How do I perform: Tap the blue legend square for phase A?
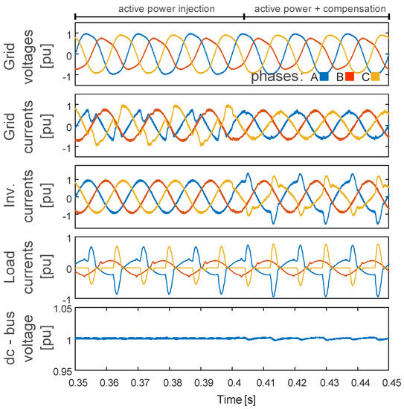pyautogui.click(x=324, y=76)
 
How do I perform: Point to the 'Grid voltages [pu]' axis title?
pyautogui.click(x=22, y=55)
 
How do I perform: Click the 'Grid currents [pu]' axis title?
pyautogui.click(x=22, y=127)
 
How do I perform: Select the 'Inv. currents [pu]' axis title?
pyautogui.click(x=22, y=199)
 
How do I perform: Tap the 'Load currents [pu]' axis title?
pyautogui.click(x=22, y=268)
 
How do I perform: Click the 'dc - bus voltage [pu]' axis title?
pyautogui.click(x=22, y=340)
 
